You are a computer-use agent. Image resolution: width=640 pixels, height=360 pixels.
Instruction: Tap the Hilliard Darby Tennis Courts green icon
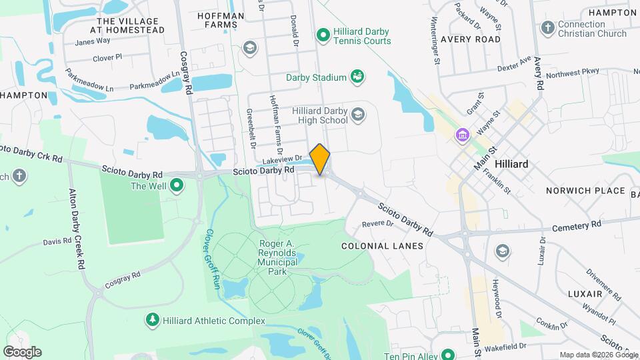(x=323, y=33)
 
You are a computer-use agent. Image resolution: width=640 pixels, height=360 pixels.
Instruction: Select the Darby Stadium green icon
(x=357, y=77)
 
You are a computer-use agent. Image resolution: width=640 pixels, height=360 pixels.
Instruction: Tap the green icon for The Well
(x=177, y=186)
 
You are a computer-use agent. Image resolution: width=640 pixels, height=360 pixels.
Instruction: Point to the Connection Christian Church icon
(x=548, y=28)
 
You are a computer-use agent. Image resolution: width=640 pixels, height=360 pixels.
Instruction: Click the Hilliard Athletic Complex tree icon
(x=153, y=321)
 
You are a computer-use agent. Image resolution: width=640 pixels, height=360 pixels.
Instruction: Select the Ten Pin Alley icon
(x=448, y=356)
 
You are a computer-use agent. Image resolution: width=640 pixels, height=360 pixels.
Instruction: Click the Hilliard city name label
(x=511, y=164)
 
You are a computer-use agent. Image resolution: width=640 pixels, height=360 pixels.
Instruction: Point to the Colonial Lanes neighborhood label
(x=382, y=246)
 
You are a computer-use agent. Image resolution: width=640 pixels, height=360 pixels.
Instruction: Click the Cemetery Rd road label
(x=577, y=225)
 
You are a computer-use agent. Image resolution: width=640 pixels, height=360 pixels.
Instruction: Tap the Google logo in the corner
(x=22, y=351)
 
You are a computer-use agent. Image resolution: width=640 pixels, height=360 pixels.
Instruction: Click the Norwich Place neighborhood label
(x=583, y=191)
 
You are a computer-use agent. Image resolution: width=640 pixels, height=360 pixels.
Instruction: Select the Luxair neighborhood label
(x=567, y=293)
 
